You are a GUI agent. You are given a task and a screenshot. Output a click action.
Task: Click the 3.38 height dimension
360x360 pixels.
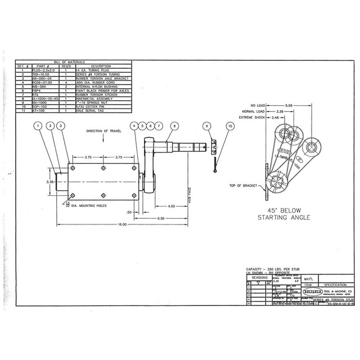click(49, 182)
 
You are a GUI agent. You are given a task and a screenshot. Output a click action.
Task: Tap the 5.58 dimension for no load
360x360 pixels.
click(288, 105)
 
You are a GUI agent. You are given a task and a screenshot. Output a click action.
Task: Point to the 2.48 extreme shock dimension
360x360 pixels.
click(276, 118)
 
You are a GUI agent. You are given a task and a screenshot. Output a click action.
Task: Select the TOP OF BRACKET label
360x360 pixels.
click(244, 185)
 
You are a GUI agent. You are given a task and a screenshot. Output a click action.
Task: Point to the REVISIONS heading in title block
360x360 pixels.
click(259, 278)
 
